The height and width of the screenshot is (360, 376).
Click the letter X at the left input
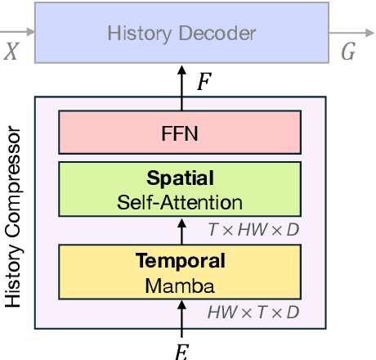11,53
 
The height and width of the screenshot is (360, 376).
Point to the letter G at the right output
347,54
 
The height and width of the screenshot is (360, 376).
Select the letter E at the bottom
181,351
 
